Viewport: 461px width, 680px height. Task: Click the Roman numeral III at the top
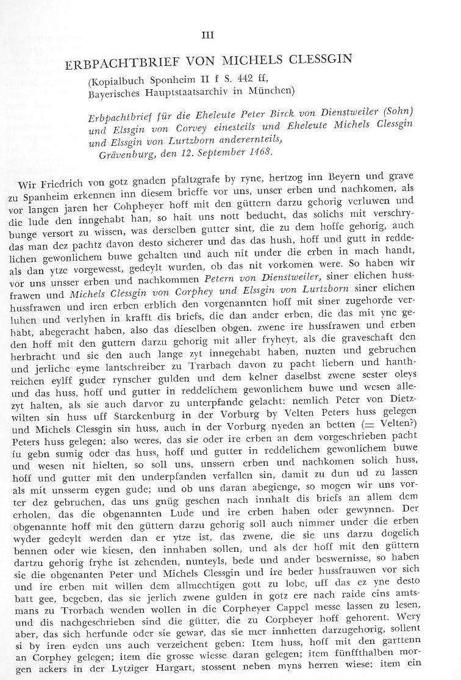[230, 35]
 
